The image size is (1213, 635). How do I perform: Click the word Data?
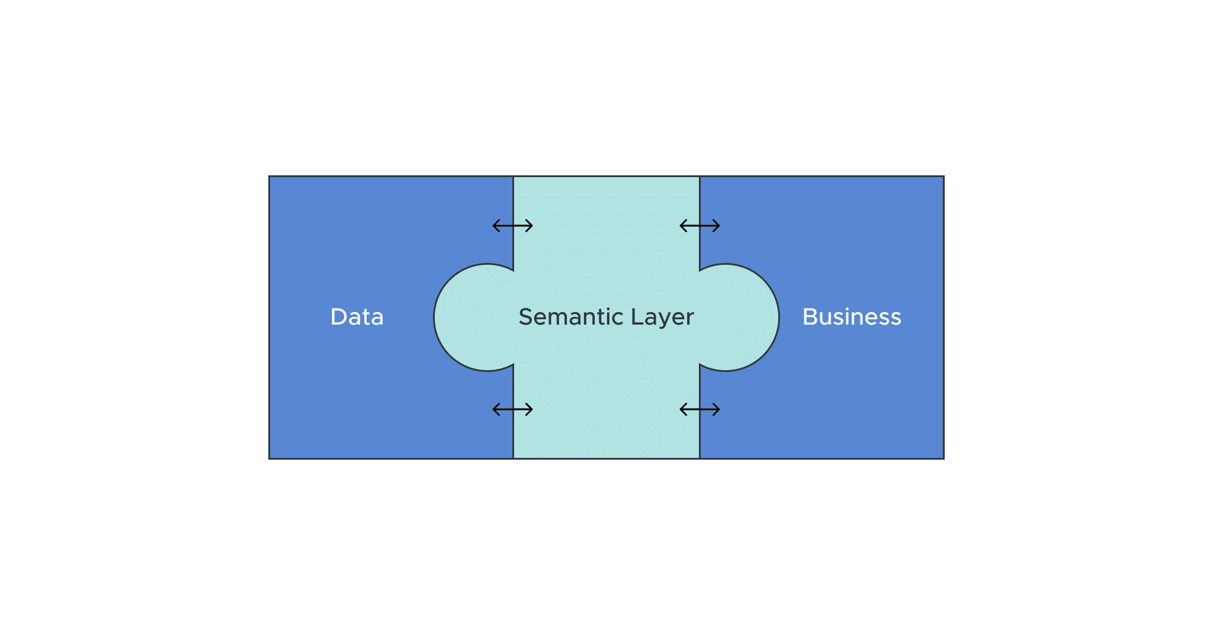point(357,317)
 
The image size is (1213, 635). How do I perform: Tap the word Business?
point(851,317)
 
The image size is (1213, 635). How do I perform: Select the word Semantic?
point(570,317)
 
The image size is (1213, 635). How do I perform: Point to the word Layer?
point(662,317)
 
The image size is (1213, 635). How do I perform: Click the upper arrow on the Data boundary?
point(513,226)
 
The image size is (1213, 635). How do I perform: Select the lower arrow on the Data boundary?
point(513,409)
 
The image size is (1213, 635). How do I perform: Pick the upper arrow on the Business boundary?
point(699,226)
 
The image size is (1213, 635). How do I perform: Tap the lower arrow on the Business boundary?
point(699,409)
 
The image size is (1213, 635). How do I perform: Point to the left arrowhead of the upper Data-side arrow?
point(495,226)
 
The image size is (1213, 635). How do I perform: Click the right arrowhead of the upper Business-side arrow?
point(718,226)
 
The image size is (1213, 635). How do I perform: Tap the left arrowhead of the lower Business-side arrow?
point(682,409)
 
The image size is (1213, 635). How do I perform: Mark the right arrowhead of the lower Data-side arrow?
point(531,409)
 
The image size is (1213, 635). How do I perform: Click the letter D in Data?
point(339,317)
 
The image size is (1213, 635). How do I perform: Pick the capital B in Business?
point(810,317)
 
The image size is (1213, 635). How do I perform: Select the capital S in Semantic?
point(525,317)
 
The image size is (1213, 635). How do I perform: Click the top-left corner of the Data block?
point(269,177)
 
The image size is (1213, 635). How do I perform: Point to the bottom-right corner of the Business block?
point(943,458)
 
